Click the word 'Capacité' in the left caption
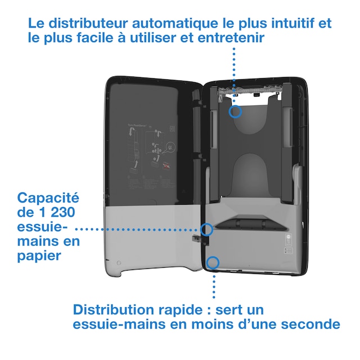click(48, 198)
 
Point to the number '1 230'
click(62, 213)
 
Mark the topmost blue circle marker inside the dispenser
click(236, 111)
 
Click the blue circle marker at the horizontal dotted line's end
click(206, 229)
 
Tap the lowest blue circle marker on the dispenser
click(213, 262)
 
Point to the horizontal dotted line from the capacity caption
click(138, 229)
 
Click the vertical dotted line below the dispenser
click(213, 284)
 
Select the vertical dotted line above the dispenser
click(233, 73)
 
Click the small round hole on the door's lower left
click(119, 263)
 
